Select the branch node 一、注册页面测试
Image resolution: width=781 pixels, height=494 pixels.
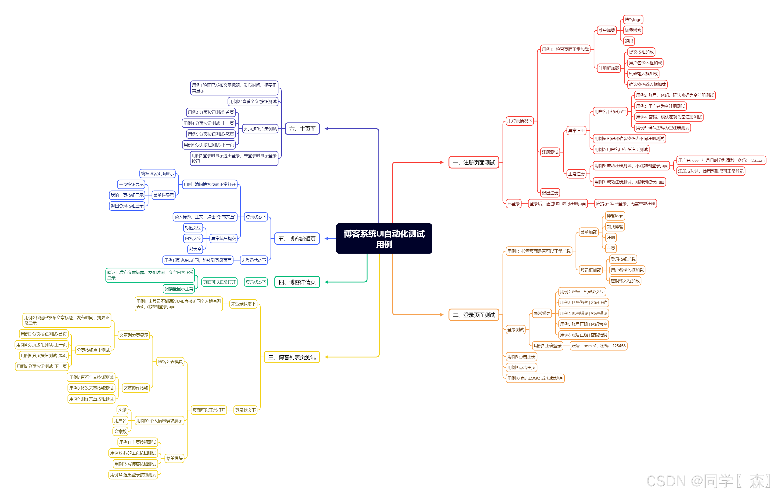[474, 162]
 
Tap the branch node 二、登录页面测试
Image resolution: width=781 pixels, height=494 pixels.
[474, 315]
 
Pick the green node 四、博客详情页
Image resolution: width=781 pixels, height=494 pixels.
[297, 282]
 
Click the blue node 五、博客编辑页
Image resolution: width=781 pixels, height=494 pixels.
[297, 239]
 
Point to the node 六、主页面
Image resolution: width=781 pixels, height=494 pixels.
[302, 129]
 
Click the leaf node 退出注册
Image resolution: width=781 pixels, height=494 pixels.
[550, 193]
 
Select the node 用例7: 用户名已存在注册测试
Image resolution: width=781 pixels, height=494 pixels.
[621, 149]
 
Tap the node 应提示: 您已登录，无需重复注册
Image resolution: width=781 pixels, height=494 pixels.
[625, 204]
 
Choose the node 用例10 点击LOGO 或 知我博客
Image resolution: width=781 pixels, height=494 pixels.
[535, 378]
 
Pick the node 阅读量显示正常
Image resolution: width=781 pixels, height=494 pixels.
[178, 289]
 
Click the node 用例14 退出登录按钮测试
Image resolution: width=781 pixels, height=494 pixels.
[133, 475]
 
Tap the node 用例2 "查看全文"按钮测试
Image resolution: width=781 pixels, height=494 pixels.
[253, 101]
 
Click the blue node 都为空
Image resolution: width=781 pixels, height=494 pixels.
[195, 249]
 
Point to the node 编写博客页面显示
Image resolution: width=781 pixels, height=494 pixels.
[157, 173]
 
